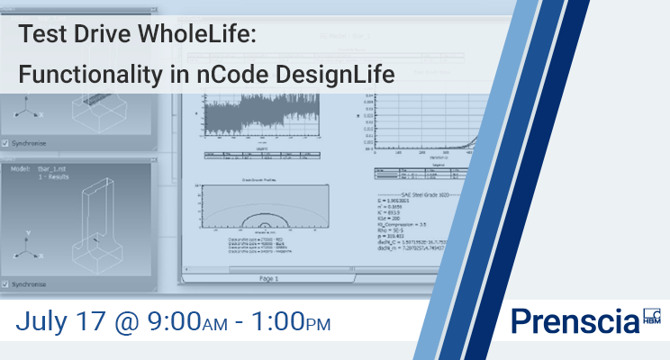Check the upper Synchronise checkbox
tap(7, 142)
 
